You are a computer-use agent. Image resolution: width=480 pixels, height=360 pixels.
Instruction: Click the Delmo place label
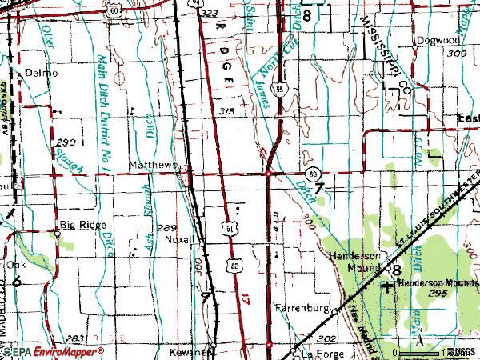click(42, 73)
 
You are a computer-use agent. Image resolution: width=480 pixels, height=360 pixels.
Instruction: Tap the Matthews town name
click(152, 166)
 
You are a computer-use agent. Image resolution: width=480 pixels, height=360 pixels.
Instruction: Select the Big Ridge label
click(82, 226)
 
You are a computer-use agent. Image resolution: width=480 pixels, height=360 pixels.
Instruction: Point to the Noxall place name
click(180, 239)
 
